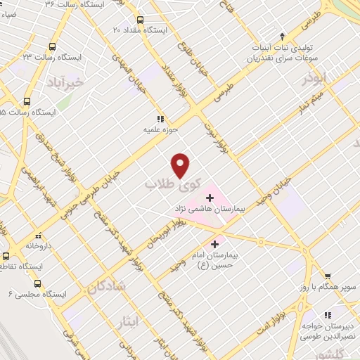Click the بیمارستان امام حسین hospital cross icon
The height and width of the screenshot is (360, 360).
(214, 244)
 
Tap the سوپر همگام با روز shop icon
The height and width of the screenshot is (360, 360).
(327, 276)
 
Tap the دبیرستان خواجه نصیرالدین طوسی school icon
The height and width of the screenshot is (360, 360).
(328, 316)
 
